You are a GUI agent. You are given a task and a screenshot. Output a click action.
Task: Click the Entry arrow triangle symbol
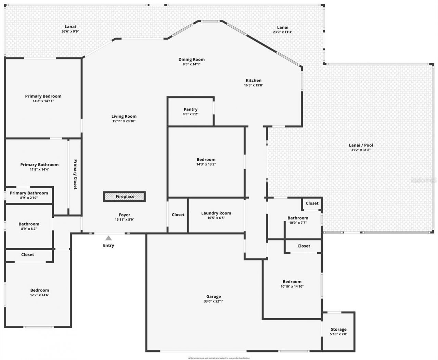(x=108, y=238)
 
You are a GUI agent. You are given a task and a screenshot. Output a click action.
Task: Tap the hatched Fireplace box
(x=125, y=197)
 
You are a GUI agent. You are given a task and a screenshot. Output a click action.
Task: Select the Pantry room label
(x=190, y=109)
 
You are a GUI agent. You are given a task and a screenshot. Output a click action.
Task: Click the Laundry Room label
(x=216, y=213)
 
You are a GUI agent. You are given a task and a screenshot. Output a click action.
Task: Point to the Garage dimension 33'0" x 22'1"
(x=214, y=301)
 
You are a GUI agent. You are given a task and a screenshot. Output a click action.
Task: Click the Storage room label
(x=338, y=329)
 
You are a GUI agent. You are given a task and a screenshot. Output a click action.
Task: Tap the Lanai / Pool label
(x=361, y=145)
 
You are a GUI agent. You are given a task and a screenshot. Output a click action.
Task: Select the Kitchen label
(x=254, y=80)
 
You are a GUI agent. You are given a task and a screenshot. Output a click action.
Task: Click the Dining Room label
(x=191, y=59)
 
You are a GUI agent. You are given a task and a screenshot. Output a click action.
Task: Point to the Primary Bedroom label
(x=43, y=96)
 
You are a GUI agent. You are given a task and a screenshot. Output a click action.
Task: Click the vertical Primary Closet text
(x=75, y=174)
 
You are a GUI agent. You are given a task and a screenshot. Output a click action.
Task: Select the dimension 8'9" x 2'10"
(x=29, y=198)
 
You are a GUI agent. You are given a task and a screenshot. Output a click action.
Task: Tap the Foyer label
(x=125, y=215)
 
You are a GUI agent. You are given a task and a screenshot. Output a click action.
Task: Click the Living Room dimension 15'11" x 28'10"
(x=124, y=121)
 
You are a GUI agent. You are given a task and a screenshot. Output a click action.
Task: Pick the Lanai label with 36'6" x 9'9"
(x=70, y=27)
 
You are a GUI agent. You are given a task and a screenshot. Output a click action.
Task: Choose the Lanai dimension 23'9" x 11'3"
(x=283, y=32)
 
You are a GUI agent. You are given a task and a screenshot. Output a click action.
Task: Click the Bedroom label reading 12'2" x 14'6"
(x=40, y=290)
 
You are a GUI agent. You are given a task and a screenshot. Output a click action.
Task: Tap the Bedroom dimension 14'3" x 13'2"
(x=206, y=164)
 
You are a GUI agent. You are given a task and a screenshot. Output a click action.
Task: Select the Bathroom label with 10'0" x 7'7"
(x=298, y=218)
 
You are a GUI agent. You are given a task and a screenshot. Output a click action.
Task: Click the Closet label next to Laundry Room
(x=178, y=215)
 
